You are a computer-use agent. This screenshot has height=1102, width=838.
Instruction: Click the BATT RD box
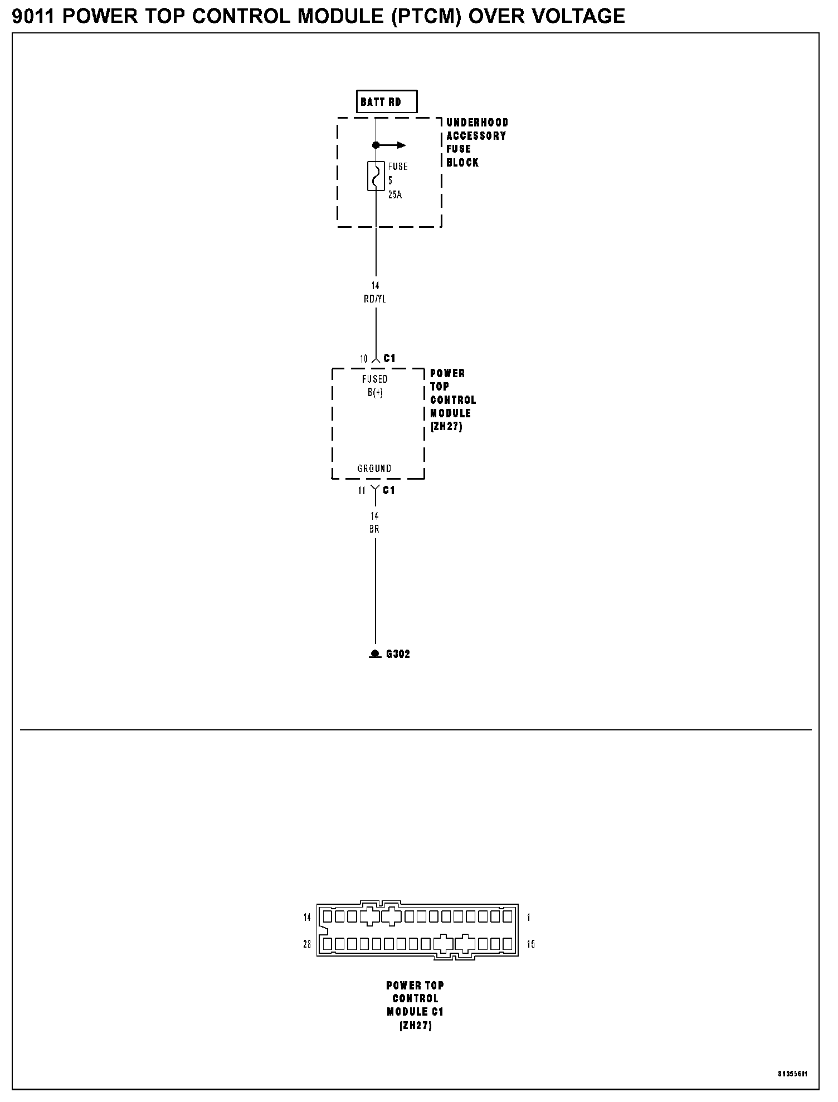click(x=386, y=102)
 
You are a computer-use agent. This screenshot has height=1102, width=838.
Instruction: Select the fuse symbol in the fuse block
click(x=376, y=176)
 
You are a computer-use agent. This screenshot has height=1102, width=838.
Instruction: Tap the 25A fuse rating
click(x=395, y=196)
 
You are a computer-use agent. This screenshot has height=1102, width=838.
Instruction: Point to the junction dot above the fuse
click(x=376, y=145)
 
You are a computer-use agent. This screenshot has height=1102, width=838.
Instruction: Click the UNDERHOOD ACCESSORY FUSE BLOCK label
click(x=477, y=143)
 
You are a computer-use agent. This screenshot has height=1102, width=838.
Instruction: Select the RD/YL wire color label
click(x=375, y=299)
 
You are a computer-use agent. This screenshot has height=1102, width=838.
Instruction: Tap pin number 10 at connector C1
click(x=363, y=359)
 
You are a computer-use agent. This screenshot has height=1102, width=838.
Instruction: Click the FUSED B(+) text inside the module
click(x=375, y=386)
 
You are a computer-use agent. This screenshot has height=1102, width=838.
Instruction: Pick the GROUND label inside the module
click(x=374, y=469)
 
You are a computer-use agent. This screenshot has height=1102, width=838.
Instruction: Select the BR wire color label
click(x=374, y=529)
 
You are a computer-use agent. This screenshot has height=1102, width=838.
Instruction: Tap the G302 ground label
click(x=398, y=654)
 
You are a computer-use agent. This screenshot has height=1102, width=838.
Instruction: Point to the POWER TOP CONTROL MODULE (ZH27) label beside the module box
click(x=452, y=400)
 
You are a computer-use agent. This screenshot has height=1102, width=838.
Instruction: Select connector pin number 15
click(x=531, y=944)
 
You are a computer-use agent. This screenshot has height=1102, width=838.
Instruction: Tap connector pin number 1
click(x=529, y=918)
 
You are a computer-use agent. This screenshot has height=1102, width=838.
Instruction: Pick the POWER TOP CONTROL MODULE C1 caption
click(x=415, y=1006)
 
